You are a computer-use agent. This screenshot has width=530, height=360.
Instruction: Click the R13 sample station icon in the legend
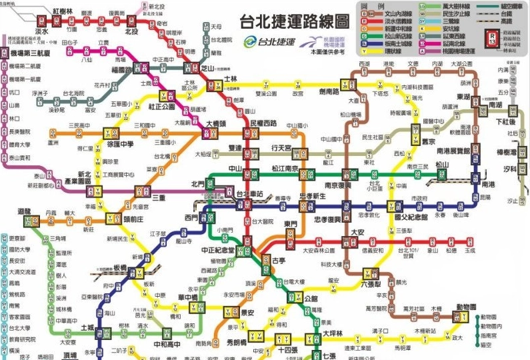pos(492,36)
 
